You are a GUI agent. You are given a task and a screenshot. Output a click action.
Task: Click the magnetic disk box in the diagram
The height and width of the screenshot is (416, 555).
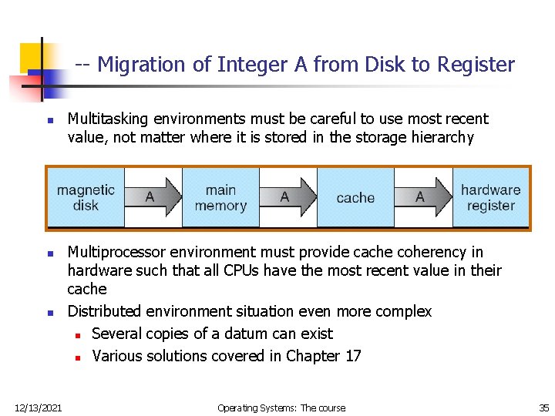86,198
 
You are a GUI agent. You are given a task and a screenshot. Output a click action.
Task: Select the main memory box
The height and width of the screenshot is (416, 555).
220,198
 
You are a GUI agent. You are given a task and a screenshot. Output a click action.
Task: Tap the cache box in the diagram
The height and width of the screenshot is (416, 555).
355,198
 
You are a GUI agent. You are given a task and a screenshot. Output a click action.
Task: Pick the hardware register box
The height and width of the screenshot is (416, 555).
490,198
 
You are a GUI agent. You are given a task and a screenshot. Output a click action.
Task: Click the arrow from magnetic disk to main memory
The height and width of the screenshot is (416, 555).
152,197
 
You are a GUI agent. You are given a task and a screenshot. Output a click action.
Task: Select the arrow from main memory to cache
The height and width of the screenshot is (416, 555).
288,197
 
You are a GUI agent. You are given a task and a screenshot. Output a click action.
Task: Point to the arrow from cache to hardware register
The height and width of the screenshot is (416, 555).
422,197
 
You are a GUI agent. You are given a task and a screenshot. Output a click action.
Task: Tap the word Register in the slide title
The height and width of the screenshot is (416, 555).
476,65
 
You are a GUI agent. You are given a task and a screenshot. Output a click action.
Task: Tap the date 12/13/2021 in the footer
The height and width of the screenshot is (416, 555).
38,408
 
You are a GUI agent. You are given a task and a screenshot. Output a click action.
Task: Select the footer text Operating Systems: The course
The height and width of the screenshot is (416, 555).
281,408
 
